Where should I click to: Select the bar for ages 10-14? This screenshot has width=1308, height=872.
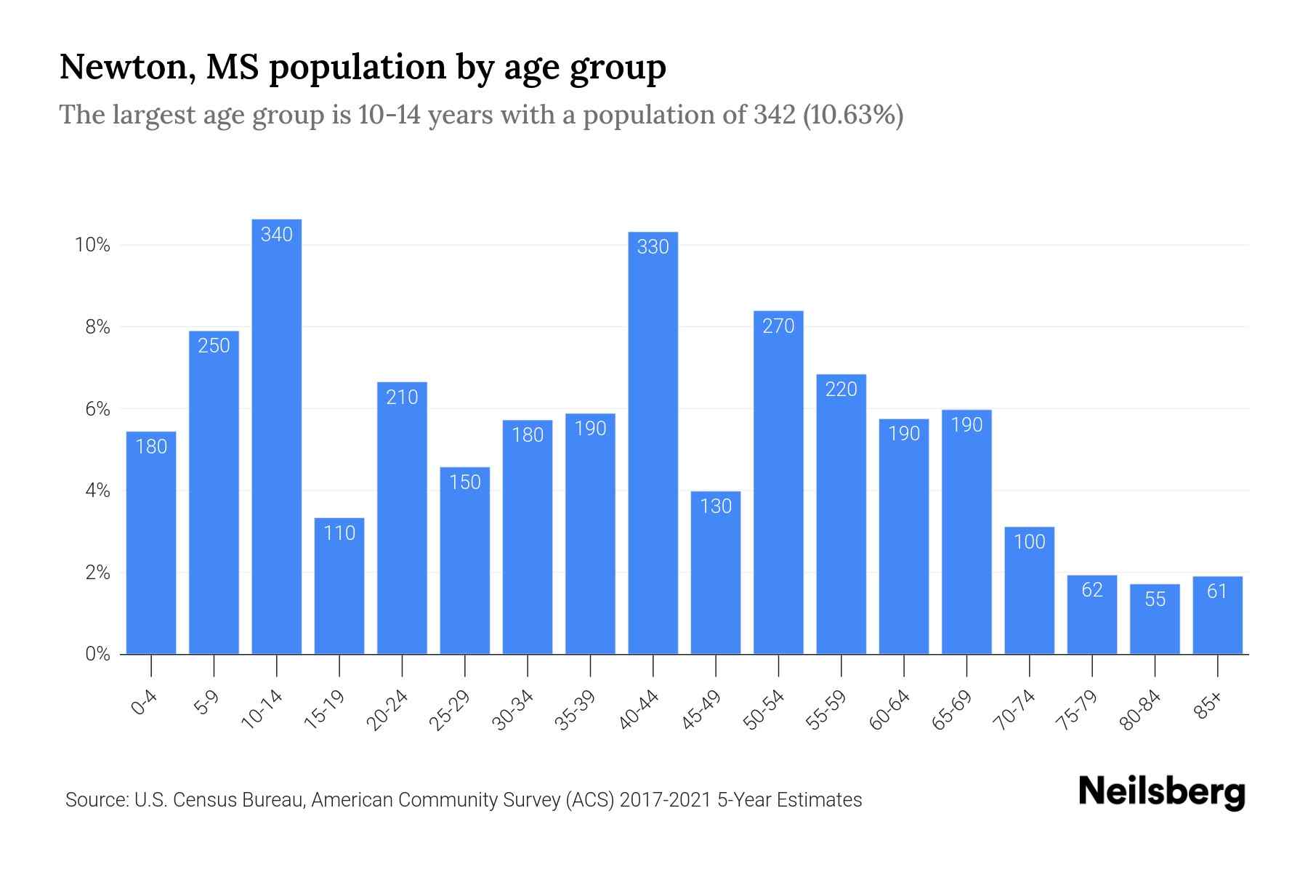[x=276, y=436]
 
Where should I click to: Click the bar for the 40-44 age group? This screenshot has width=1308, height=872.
[x=653, y=443]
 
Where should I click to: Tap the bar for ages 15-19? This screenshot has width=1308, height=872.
[x=339, y=586]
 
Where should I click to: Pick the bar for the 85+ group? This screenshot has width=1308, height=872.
[x=1217, y=615]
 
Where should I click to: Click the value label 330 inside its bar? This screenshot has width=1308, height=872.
[x=653, y=247]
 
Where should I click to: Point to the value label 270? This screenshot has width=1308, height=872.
[x=778, y=326]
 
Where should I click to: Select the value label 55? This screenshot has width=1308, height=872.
[x=1155, y=599]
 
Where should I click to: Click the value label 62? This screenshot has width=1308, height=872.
[x=1092, y=590]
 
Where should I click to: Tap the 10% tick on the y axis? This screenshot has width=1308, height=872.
[x=92, y=245]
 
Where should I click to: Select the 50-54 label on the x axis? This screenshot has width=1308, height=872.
[x=764, y=710]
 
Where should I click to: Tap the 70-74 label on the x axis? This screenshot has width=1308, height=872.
[x=1014, y=710]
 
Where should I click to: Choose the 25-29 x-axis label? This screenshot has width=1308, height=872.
[x=450, y=710]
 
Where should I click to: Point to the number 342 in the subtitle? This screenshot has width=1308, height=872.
[x=774, y=115]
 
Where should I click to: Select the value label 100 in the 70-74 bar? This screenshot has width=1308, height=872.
[x=1029, y=542]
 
